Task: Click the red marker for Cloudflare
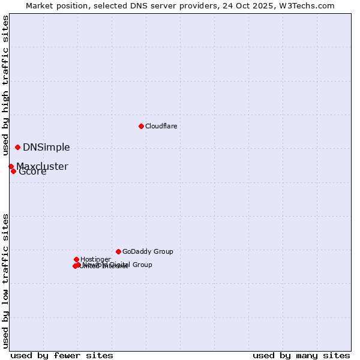point(141,126)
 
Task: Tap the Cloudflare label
point(161,126)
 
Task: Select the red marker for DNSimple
point(17,147)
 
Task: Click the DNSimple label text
point(46,148)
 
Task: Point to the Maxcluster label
point(42,166)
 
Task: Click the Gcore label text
point(32,172)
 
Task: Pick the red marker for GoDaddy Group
point(118,251)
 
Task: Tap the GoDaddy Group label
point(147,251)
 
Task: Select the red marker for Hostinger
point(76,259)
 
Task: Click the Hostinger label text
point(95,259)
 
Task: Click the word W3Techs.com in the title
point(310,5)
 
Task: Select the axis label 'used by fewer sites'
point(62,355)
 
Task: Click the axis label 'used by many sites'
point(301,355)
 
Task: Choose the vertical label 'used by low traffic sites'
point(5,280)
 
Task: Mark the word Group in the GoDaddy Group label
point(162,251)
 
